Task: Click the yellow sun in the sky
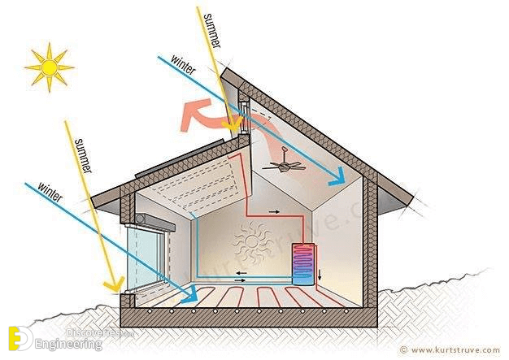click(x=49, y=67)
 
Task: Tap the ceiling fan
click(x=284, y=165)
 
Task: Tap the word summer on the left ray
click(x=82, y=154)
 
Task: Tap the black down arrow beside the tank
click(x=320, y=275)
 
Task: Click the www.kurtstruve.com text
click(x=455, y=350)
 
